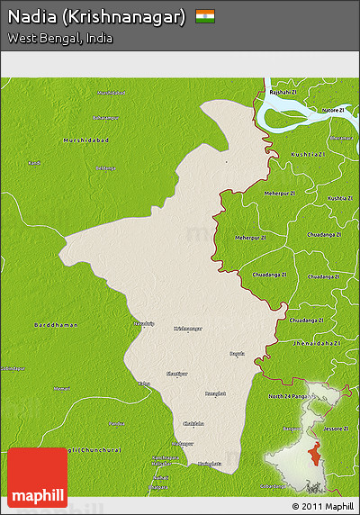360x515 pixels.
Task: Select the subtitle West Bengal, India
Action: tap(60, 38)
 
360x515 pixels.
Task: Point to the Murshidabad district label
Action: tap(85, 140)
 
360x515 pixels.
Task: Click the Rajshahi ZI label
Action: tap(283, 92)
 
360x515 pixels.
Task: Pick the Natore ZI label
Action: tap(334, 110)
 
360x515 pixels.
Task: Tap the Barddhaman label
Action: tap(56, 324)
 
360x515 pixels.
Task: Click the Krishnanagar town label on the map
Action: tap(188, 329)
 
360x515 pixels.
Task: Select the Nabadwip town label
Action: tap(144, 321)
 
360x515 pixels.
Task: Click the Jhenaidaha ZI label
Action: tap(314, 343)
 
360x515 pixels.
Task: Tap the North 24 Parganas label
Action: tap(293, 396)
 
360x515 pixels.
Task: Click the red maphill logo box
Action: tap(37, 477)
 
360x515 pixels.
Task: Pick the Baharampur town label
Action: tap(105, 118)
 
